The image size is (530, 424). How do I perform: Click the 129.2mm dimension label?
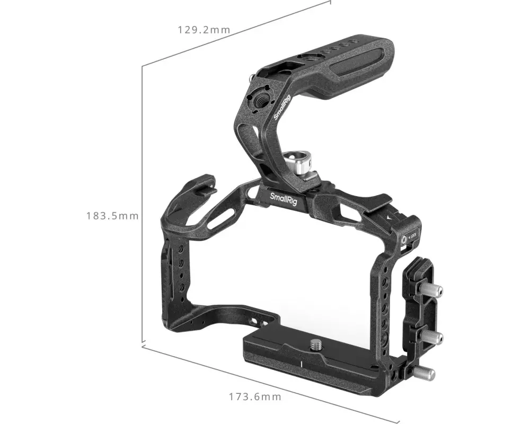(x=204, y=30)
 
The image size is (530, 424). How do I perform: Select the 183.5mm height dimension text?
(x=112, y=216)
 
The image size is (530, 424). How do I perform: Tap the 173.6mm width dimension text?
(x=255, y=396)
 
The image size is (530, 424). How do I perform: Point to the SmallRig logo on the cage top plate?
(x=284, y=199)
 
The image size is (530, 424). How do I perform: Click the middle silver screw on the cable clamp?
(x=431, y=337)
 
